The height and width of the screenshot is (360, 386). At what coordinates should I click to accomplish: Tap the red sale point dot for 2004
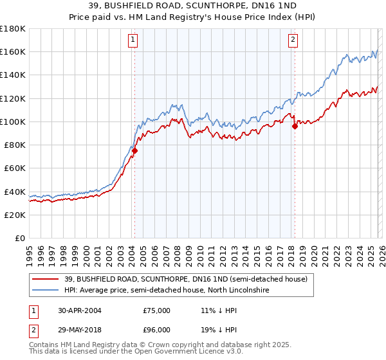tap(134, 150)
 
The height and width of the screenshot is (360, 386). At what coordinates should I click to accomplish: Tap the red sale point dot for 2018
tap(295, 126)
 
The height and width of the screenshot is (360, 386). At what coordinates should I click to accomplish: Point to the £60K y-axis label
tap(15, 168)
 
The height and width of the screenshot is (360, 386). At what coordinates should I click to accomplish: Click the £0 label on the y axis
tap(21, 238)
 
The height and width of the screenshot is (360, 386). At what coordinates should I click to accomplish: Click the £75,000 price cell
tap(156, 310)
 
